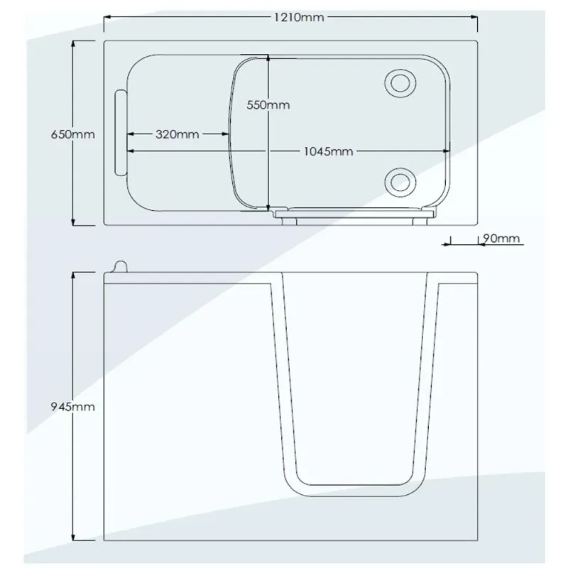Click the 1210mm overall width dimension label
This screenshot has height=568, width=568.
tap(299, 17)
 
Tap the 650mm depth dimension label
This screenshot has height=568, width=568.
tap(73, 134)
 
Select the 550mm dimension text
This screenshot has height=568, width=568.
tap(268, 105)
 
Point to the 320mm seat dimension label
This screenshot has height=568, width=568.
tap(177, 134)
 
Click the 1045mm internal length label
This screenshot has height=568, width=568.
tap(328, 151)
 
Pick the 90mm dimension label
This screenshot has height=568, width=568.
tap(502, 239)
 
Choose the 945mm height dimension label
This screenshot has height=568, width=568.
tap(73, 406)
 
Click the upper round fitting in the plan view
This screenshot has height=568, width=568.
tap(400, 83)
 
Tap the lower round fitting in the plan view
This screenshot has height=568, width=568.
tap(400, 182)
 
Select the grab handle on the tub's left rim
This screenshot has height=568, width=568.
tap(121, 133)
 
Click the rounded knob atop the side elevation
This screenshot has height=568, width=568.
tap(121, 266)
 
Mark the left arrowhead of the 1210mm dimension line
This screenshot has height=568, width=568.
tap(108, 16)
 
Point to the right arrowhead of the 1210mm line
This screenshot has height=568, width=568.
tap(474, 16)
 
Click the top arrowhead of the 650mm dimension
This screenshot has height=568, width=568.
tap(73, 44)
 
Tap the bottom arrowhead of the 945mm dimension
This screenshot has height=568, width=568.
tap(73, 537)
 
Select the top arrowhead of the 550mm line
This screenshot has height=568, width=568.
tap(268, 58)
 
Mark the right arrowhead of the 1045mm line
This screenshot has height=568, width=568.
tap(447, 151)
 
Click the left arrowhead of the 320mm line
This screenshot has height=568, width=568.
tap(131, 134)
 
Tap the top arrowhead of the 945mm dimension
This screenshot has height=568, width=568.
tap(73, 275)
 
